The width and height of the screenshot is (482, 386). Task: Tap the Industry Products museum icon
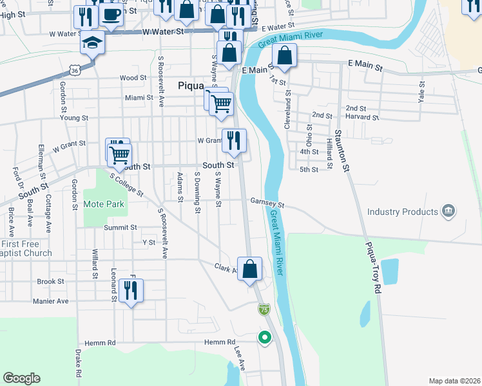448,211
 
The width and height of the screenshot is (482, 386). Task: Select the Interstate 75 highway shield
264,309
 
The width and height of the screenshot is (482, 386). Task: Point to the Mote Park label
104,205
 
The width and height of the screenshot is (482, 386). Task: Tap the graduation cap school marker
92,44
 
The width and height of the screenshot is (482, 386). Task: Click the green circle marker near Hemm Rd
264,336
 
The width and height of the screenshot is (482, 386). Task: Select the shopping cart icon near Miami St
221,102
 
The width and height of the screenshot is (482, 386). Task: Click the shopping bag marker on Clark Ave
251,269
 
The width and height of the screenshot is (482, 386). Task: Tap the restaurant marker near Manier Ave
131,290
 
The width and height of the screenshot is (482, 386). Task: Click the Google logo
21,378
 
